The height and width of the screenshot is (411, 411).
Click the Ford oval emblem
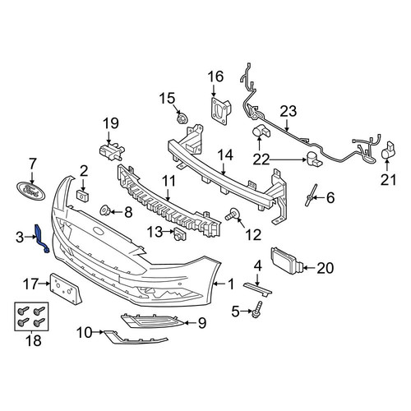click(x=31, y=191)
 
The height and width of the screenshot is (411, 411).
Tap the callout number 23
click(x=289, y=111)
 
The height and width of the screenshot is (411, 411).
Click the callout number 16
click(x=215, y=76)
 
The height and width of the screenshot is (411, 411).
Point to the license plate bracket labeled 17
click(x=65, y=289)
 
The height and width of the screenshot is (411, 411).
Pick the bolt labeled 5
click(x=256, y=309)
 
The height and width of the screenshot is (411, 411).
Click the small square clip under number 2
click(x=82, y=196)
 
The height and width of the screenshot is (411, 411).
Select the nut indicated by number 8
click(x=105, y=210)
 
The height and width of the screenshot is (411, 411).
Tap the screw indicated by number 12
click(x=232, y=214)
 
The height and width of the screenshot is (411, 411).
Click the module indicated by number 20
click(x=286, y=261)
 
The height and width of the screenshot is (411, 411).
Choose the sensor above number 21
click(x=388, y=150)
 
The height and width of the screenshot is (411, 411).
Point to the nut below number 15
click(x=181, y=118)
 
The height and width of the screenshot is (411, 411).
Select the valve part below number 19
click(x=112, y=150)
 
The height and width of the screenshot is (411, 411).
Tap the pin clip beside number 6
click(x=311, y=195)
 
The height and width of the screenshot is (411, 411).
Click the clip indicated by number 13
click(x=180, y=233)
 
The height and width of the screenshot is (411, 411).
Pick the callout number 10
click(x=85, y=333)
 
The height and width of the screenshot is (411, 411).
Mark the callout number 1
click(x=231, y=284)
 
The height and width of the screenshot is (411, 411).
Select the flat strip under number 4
click(x=257, y=289)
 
